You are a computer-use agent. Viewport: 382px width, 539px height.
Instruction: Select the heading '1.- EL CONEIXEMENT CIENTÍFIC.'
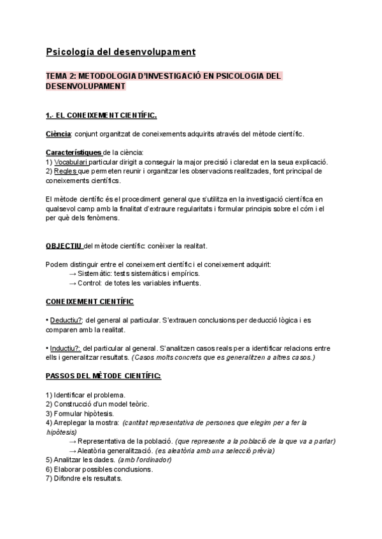point(101,116)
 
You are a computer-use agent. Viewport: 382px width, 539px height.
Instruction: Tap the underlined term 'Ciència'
point(59,134)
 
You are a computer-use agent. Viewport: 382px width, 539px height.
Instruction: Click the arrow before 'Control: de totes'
point(73,283)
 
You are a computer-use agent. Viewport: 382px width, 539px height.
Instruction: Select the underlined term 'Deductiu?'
point(66,320)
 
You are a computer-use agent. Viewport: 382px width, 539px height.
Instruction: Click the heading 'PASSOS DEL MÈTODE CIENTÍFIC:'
point(103,376)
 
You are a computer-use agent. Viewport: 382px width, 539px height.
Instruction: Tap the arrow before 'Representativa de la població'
point(73,441)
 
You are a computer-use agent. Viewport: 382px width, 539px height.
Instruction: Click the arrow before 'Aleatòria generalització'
point(73,451)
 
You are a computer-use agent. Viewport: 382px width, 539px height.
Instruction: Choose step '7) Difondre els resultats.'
point(84,479)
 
